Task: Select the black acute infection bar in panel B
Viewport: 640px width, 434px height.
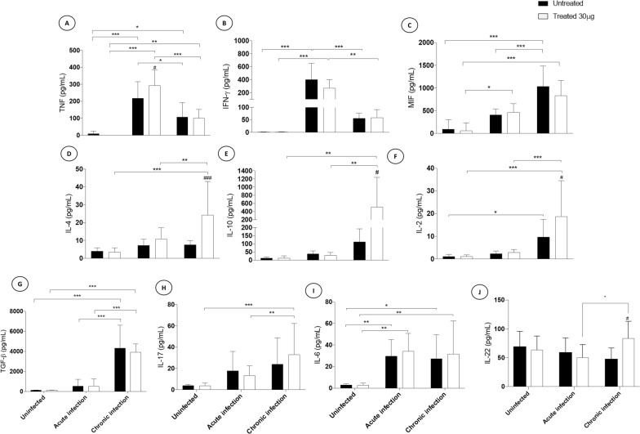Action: pyautogui.click(x=312, y=105)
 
